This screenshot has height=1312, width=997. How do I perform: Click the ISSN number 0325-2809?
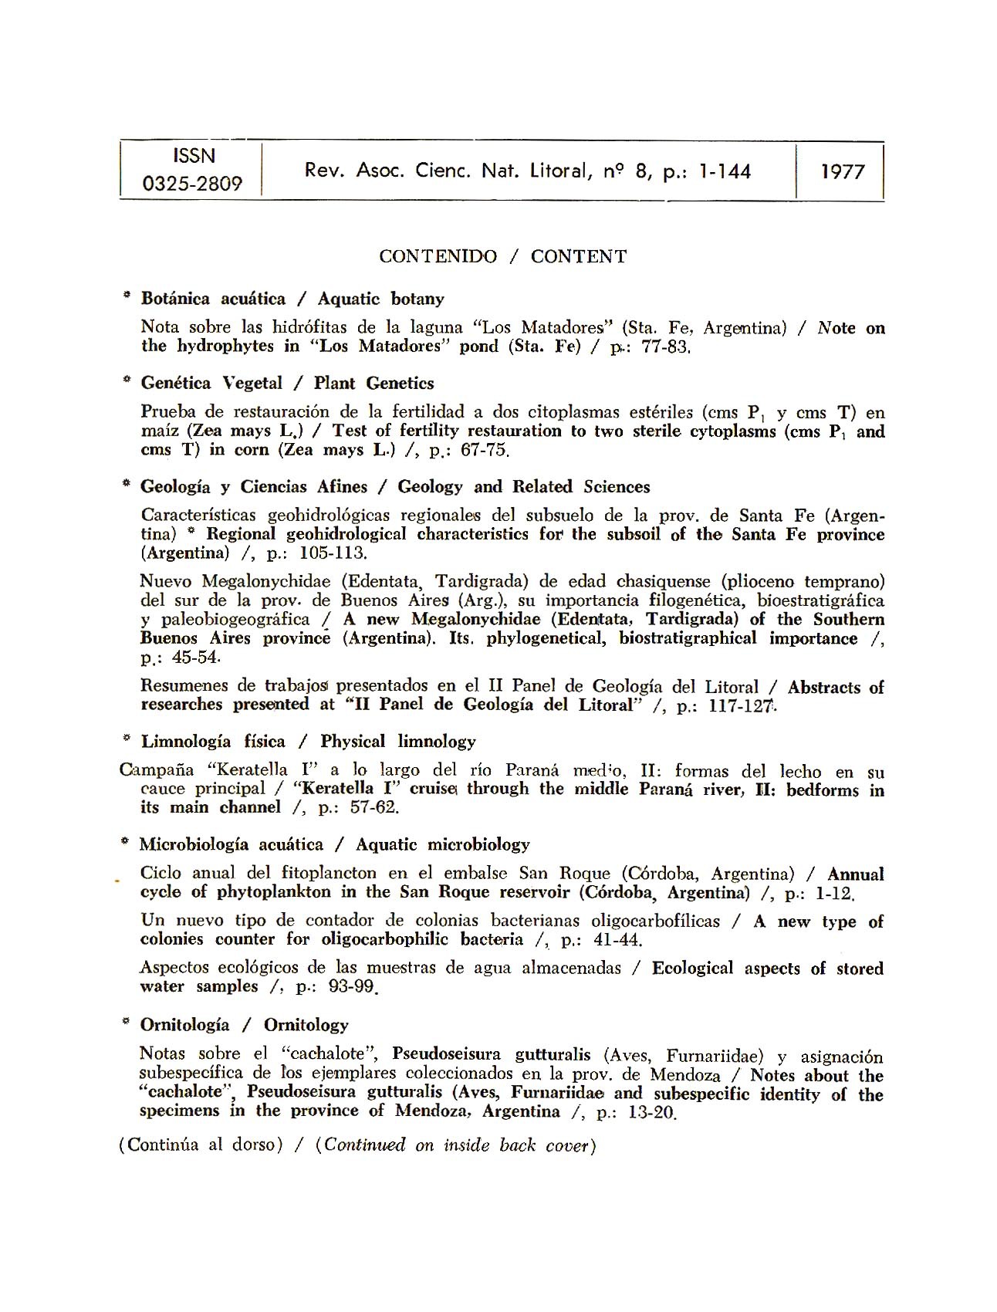tap(192, 184)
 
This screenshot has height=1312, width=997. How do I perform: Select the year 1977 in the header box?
tap(842, 171)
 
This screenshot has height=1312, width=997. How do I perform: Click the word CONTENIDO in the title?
tap(438, 257)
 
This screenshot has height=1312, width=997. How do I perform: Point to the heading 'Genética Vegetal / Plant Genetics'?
tap(287, 384)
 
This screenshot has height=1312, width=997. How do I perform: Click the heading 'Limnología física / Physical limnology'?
tap(308, 742)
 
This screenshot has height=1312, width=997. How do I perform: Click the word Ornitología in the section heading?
tap(184, 1025)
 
